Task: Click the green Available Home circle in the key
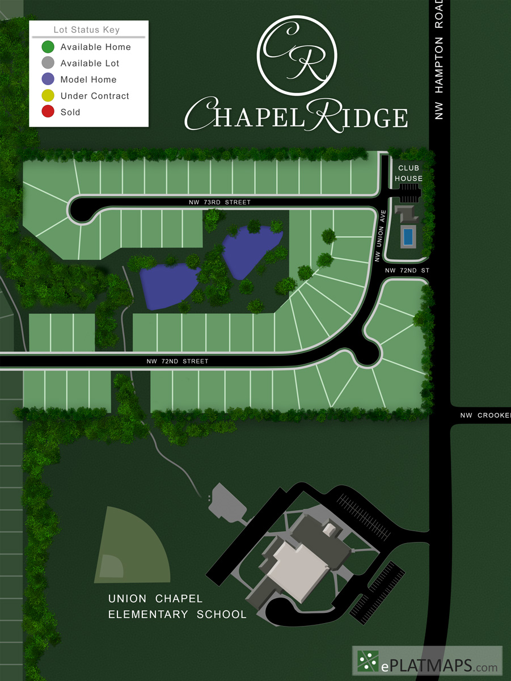tap(48, 47)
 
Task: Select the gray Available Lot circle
tap(48, 63)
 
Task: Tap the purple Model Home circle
tap(48, 79)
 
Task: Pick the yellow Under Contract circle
tap(48, 96)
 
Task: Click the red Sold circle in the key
tap(48, 112)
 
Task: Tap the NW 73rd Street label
tap(220, 203)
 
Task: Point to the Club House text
tap(409, 173)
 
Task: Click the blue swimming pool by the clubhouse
tap(407, 237)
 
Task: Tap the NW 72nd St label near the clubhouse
tap(407, 271)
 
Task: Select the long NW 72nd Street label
tap(177, 361)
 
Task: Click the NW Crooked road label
tap(484, 415)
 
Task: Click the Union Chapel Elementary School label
tap(177, 607)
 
